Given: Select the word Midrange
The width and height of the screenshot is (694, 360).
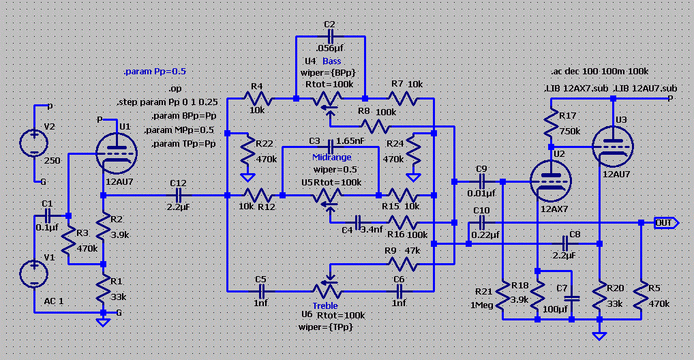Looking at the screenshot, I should click(331, 157).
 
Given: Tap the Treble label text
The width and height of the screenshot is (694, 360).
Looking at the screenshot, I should click(325, 305).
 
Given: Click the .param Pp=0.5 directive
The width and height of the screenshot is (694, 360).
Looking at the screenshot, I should click(155, 71).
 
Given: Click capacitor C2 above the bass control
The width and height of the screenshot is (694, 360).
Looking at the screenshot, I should click(331, 35).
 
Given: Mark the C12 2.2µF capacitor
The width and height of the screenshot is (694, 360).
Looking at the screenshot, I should click(179, 195).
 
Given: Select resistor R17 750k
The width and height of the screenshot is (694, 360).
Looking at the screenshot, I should click(549, 124).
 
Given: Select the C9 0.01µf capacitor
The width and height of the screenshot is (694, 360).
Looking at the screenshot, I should click(482, 181).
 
